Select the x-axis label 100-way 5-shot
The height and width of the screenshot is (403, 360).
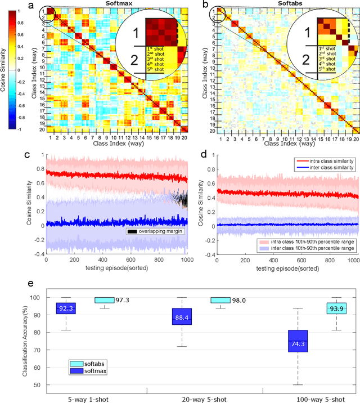[x=321, y=397]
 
